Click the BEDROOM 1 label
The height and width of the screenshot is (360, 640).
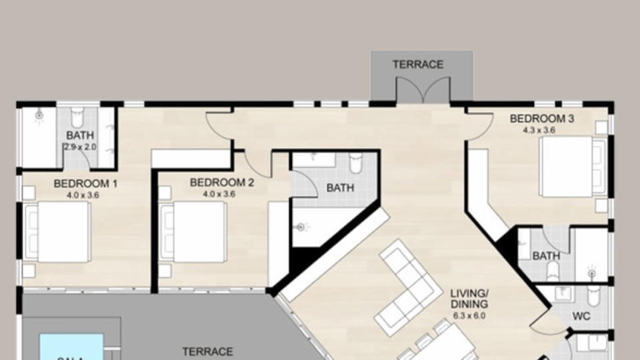(85, 183)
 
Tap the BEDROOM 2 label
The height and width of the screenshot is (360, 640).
(221, 182)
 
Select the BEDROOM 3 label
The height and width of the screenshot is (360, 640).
(542, 119)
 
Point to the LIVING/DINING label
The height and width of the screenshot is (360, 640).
(469, 298)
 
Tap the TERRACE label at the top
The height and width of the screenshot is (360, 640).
(417, 65)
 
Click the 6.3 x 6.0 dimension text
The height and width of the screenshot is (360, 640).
(469, 315)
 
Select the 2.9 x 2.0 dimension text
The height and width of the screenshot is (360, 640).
(80, 147)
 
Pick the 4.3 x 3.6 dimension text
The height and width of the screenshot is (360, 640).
(540, 131)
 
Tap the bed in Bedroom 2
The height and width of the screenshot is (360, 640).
(193, 231)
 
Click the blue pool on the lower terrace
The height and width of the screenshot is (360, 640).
(71, 347)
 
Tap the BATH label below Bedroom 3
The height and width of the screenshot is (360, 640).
(546, 256)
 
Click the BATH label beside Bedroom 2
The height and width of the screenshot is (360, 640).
(340, 188)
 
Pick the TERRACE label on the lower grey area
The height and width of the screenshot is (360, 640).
(208, 351)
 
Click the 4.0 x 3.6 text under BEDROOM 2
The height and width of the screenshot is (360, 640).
(219, 195)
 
